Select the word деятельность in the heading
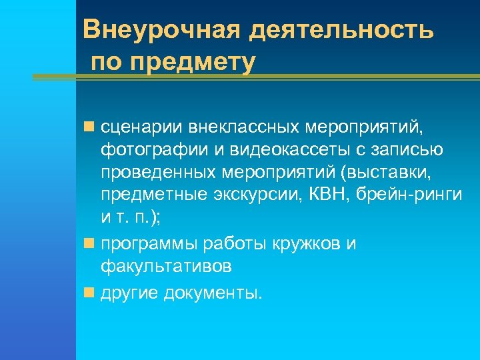341,29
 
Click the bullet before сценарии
89,125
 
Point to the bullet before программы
89,244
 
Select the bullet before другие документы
89,293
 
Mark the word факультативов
167,267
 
